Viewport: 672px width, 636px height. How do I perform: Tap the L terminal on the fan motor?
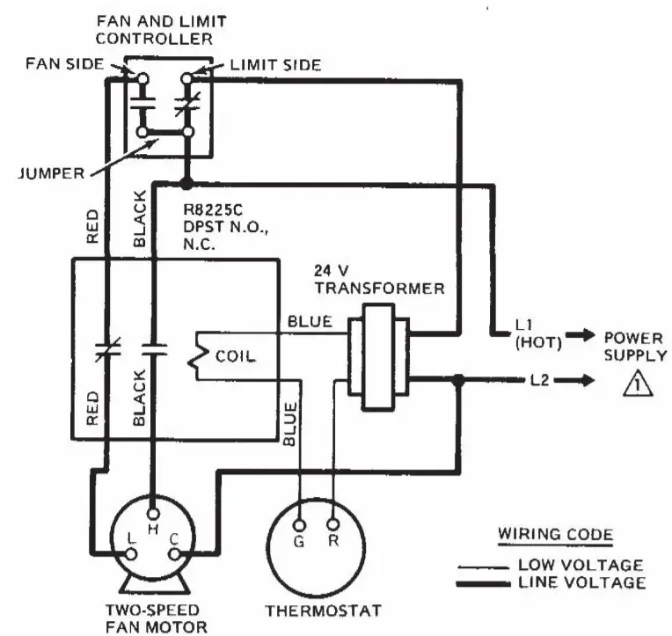coord(131,553)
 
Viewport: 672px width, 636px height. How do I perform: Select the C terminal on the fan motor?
coord(174,553)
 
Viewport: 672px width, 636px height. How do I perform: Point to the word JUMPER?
coord(48,173)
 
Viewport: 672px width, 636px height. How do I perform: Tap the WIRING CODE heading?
coord(556,535)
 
